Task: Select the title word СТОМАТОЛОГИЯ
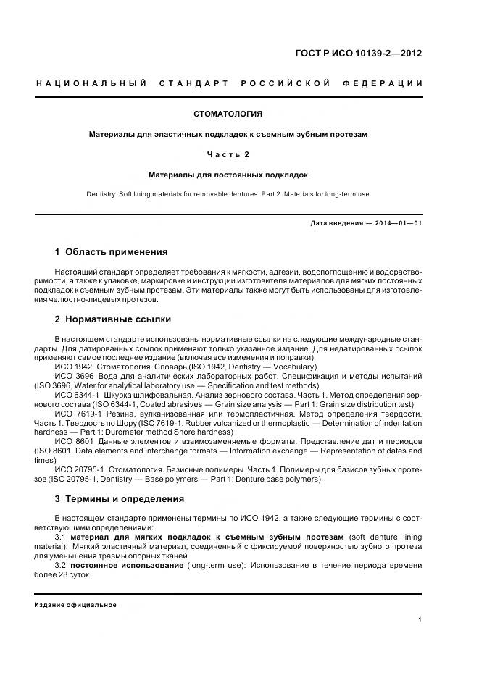(x=228, y=114)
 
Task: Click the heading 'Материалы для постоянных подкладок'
(x=228, y=175)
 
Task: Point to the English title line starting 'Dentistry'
(x=228, y=194)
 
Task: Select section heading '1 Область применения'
(x=111, y=252)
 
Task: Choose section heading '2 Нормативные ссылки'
(x=113, y=319)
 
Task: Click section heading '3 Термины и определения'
(x=120, y=498)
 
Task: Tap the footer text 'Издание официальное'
(x=75, y=604)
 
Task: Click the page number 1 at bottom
(x=420, y=619)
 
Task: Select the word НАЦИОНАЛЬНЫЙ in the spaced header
(x=92, y=84)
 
